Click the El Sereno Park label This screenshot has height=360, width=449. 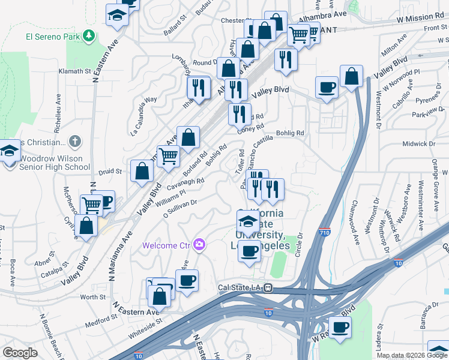point(53,36)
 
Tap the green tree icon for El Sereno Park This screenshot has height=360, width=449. point(89,36)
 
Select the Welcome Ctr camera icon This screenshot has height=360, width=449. point(199,244)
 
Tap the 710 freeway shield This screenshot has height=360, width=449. point(324,231)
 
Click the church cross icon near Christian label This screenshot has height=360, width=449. point(74,142)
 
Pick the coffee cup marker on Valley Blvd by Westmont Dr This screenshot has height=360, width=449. point(327,88)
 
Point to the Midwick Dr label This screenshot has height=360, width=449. point(418,144)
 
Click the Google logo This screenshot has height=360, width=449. point(20,353)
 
